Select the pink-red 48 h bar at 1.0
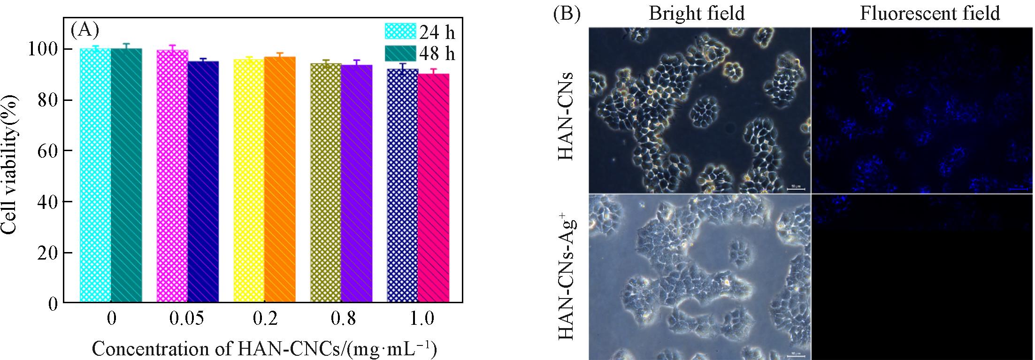coord(434,187)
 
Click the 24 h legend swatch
coord(400,31)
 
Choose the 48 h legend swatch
coord(400,54)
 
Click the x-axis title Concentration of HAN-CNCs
coord(264,349)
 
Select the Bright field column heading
coord(697,13)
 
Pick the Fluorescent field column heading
coord(930,13)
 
